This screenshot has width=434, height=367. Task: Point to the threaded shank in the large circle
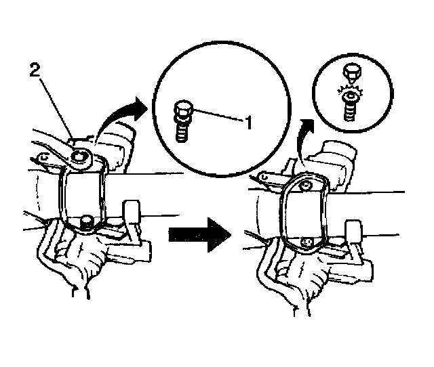pos(182,130)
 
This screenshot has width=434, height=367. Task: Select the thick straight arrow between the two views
pos(198,232)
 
